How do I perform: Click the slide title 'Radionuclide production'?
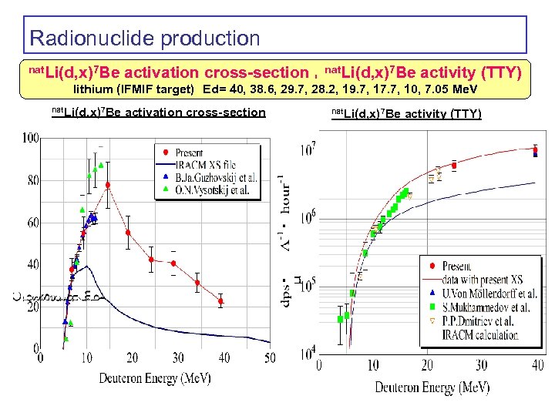[144, 38]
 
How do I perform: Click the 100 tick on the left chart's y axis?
[31, 138]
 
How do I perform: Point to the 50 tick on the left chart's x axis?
[270, 357]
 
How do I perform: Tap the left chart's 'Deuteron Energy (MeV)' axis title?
[154, 377]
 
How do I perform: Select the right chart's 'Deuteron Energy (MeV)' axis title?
[432, 387]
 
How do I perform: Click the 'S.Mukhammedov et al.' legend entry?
[486, 307]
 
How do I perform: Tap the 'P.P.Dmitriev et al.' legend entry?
[484, 321]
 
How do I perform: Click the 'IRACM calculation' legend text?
[479, 334]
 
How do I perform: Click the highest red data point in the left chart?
[108, 185]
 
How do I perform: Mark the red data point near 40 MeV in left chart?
[220, 301]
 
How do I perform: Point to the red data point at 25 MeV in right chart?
[454, 165]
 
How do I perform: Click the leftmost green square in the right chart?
[340, 319]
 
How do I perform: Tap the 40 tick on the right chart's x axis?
[536, 364]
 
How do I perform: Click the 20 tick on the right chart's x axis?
[427, 364]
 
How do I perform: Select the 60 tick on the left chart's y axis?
[31, 223]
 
